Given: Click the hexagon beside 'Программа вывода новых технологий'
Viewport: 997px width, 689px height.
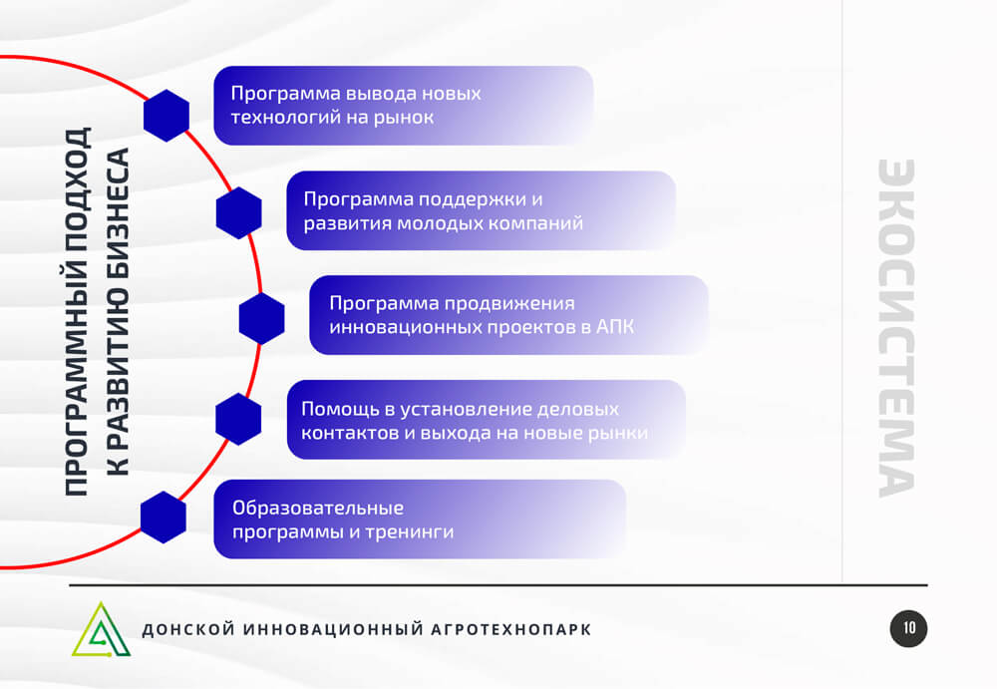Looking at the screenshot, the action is (x=166, y=115).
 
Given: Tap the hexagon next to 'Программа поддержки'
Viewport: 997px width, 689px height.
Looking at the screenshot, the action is (x=239, y=213).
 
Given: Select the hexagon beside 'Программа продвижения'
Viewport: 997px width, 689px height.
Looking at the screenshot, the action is (x=262, y=318).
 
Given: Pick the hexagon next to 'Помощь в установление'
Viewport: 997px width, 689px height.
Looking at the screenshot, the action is (x=238, y=419).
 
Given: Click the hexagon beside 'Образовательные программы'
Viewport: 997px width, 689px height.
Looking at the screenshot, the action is (x=164, y=517).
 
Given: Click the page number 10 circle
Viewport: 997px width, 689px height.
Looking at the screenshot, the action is (x=908, y=628).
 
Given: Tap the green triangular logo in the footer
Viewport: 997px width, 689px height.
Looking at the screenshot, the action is (x=101, y=629).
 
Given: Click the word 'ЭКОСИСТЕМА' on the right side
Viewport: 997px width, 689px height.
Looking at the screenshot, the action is (x=896, y=328).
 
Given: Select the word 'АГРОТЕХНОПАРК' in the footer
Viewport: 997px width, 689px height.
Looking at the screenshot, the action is (x=511, y=629).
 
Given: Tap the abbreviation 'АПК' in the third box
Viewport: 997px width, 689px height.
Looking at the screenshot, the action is (x=615, y=327).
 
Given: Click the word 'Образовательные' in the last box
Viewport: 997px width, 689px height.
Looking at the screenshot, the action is (x=318, y=508).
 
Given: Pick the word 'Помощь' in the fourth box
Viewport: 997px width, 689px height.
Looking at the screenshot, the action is (x=340, y=409).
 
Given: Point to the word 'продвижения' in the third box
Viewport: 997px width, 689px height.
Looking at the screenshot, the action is (x=509, y=304).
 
